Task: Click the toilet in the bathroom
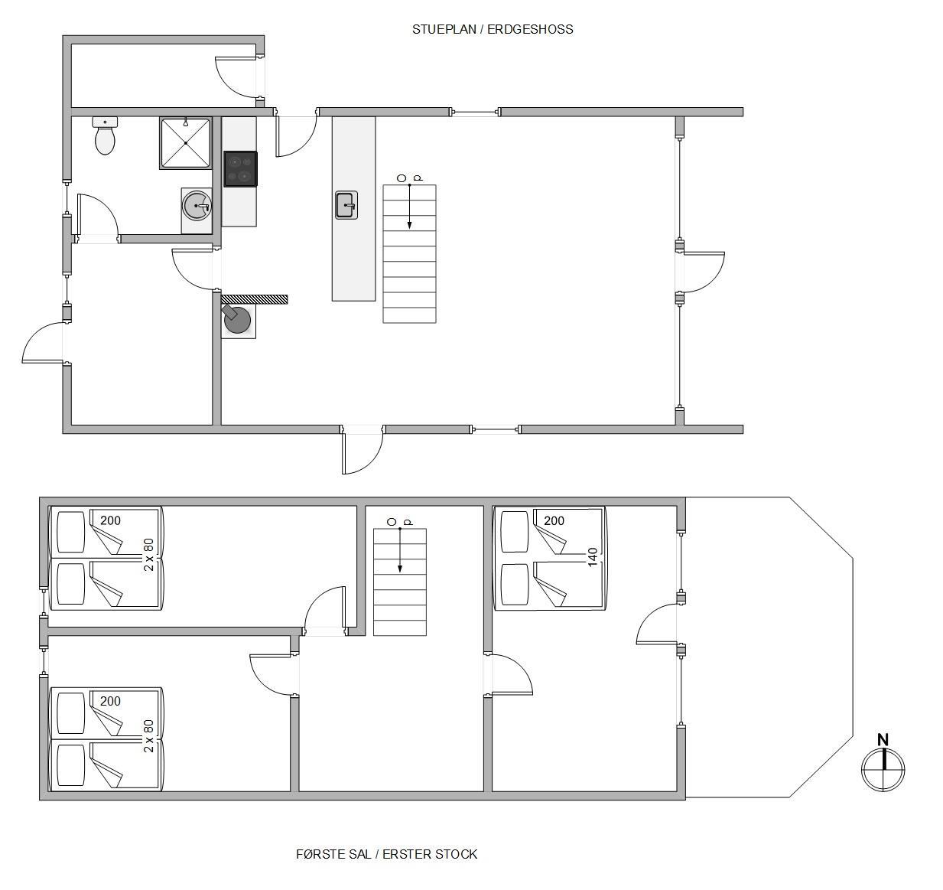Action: (105, 136)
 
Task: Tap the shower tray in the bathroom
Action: (186, 143)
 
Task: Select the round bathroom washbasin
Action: (197, 206)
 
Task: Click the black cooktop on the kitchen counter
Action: (241, 168)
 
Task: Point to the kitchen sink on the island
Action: (346, 205)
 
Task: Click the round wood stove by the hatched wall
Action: (237, 319)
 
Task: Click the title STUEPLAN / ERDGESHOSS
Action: (493, 29)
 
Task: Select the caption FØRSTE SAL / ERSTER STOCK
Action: (386, 854)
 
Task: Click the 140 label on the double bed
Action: (592, 557)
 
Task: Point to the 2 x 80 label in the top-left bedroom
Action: (148, 555)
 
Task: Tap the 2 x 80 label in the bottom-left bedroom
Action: (148, 736)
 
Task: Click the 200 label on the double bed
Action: (554, 521)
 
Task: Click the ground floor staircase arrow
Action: (409, 207)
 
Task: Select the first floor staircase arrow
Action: (400, 550)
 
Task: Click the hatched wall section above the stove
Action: (255, 299)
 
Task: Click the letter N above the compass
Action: (883, 740)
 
